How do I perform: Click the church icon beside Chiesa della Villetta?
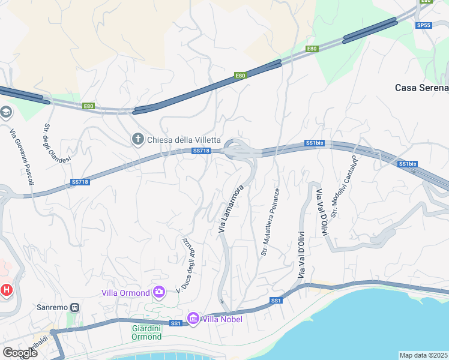tap(137, 140)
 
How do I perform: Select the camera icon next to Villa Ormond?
tap(159, 292)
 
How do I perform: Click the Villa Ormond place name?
tap(125, 293)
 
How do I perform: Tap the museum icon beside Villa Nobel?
tap(193, 319)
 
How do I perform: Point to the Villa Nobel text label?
tap(222, 319)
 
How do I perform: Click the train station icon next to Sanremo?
tap(75, 307)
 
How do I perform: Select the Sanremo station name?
tap(52, 307)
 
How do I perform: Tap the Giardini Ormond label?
tap(146, 332)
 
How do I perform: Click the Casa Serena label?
tap(421, 88)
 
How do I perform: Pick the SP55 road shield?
tap(423, 25)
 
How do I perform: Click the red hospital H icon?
tap(7, 290)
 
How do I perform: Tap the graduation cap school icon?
tap(6, 113)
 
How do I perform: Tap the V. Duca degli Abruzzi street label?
tap(190, 265)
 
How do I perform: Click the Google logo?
tap(20, 353)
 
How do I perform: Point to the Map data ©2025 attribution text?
tap(423, 355)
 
